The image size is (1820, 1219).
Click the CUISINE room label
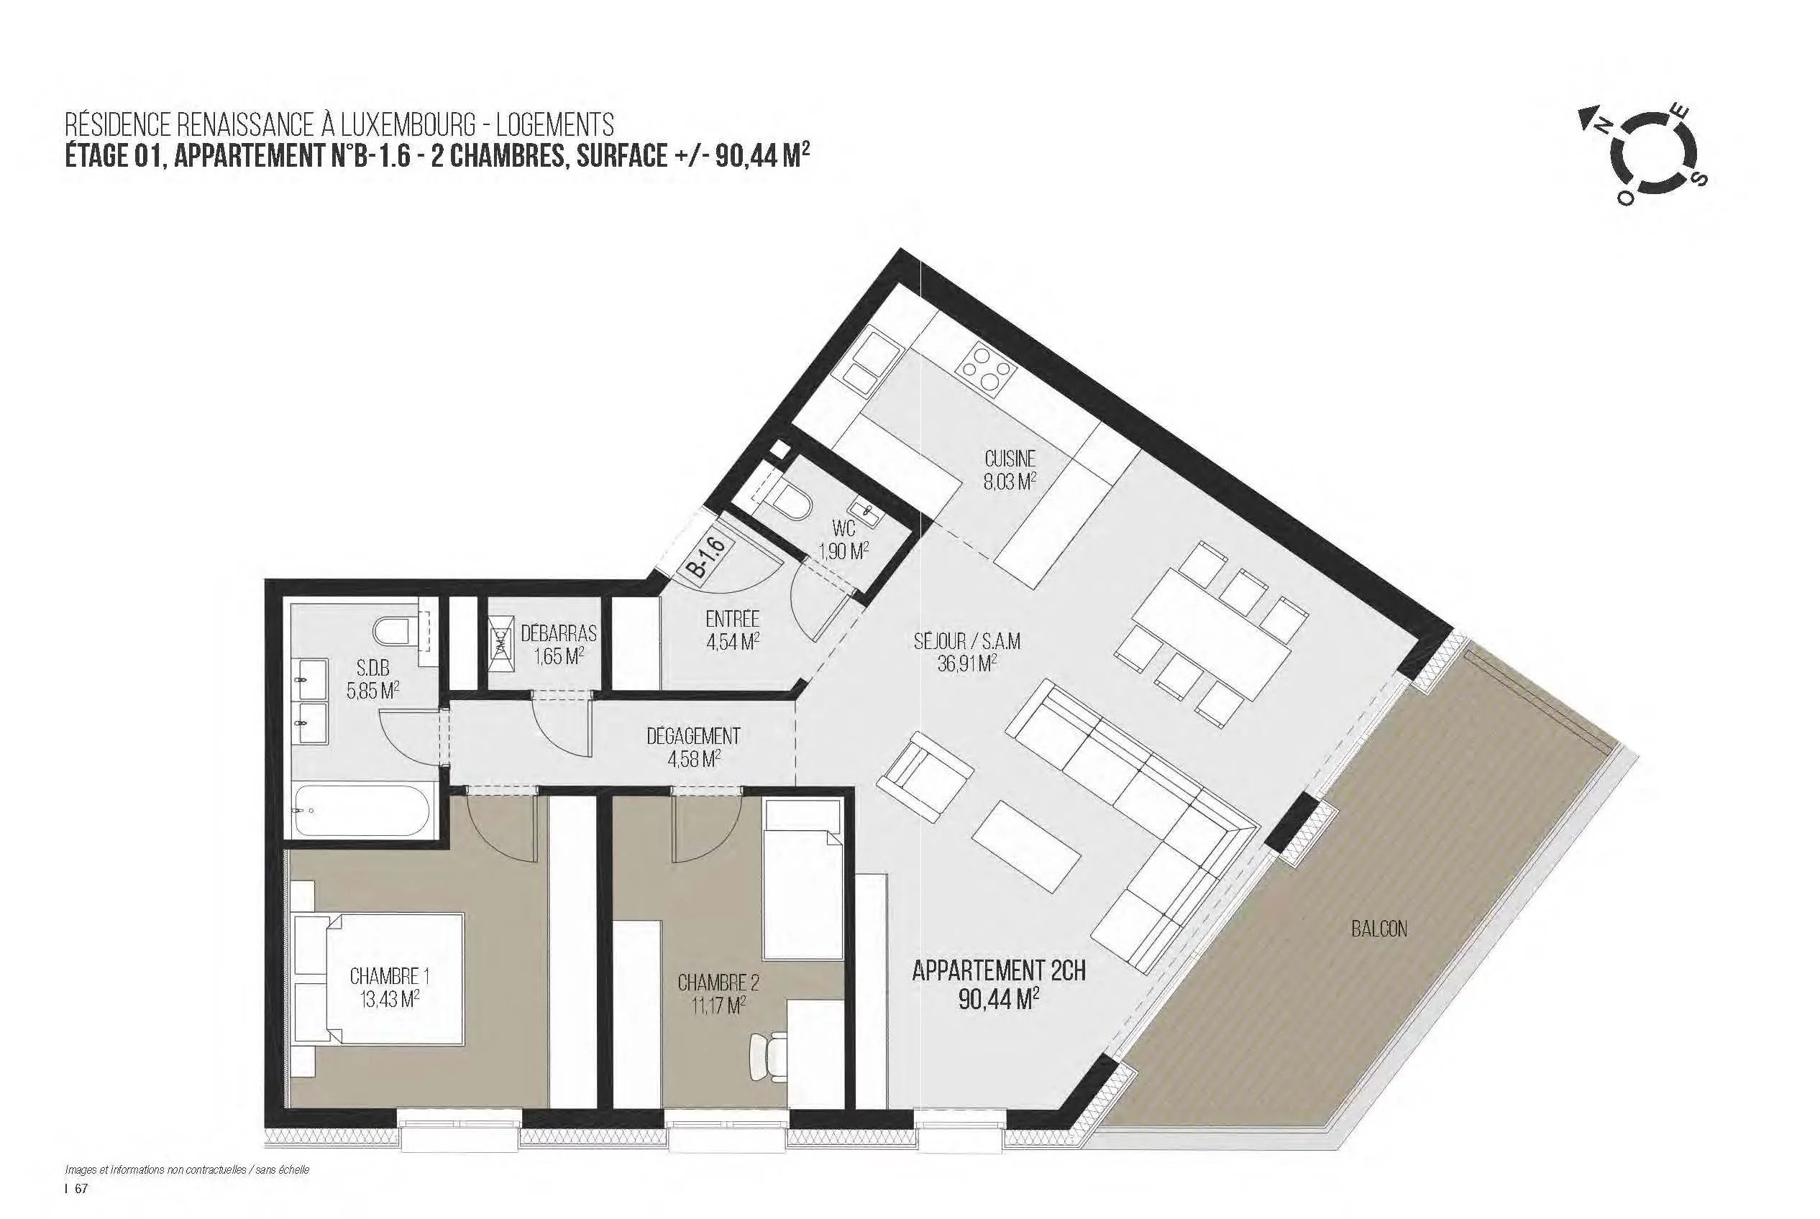[1010, 459]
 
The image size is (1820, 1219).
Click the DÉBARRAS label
[559, 632]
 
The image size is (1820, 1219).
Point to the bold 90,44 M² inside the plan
[1000, 998]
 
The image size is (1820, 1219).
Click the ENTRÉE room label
[731, 620]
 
